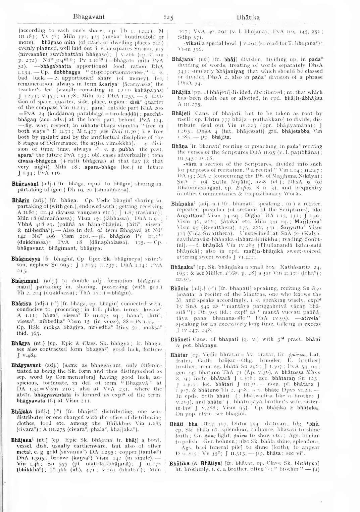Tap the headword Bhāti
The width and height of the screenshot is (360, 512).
[176, 424]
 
